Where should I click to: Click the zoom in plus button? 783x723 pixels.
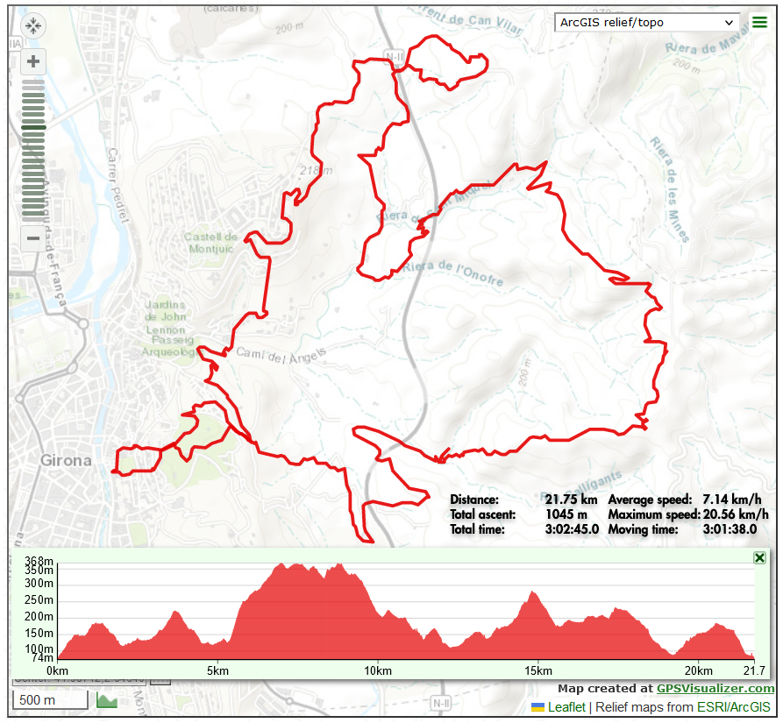(33, 61)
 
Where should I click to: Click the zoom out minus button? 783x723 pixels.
(33, 237)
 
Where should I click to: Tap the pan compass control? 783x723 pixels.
(33, 25)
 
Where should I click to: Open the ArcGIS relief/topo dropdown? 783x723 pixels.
(648, 22)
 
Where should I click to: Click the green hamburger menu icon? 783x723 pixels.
(759, 22)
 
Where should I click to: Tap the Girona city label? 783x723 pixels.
(66, 459)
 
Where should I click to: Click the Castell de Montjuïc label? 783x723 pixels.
(211, 243)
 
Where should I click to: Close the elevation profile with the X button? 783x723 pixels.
(759, 558)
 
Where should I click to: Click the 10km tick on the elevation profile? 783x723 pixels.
(377, 670)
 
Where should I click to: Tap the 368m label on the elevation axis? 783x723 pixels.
(39, 562)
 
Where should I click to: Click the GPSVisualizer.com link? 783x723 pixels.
(715, 689)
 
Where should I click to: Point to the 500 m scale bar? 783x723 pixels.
(51, 700)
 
